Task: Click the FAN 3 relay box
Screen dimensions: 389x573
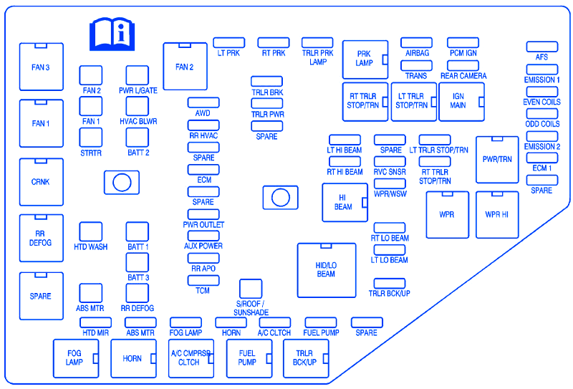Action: tap(41, 67)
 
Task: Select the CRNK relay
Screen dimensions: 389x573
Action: tap(41, 182)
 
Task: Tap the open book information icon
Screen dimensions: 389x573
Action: tap(111, 34)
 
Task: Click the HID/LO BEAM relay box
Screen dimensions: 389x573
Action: tap(327, 269)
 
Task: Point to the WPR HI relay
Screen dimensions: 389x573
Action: tap(497, 214)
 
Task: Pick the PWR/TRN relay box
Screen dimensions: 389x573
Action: tap(497, 159)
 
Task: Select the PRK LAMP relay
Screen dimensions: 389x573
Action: tap(365, 59)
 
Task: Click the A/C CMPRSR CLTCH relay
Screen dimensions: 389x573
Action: tap(191, 357)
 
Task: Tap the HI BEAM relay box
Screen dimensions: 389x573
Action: tap(344, 203)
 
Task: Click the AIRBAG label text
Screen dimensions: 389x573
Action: tap(416, 54)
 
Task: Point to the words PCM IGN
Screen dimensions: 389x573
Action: tap(463, 54)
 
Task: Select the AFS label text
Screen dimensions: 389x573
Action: tap(541, 57)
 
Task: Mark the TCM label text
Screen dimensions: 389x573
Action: tap(203, 291)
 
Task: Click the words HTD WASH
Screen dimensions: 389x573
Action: tap(91, 247)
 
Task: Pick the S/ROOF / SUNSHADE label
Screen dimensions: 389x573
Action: tap(251, 308)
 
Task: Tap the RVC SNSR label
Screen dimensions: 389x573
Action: tap(390, 172)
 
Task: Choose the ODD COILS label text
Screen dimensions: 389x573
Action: tap(542, 124)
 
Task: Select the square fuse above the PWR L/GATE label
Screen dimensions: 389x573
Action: tap(138, 75)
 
